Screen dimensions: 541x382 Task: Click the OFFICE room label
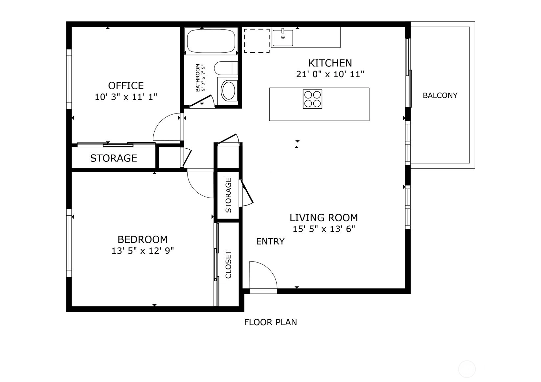click(126, 86)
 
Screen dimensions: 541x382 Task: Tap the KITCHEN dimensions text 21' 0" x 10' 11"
click(330, 74)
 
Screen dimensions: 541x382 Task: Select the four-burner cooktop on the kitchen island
click(312, 99)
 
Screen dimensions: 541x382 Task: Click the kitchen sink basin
click(283, 38)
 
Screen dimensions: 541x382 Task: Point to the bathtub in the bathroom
click(211, 41)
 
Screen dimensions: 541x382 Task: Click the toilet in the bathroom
click(226, 68)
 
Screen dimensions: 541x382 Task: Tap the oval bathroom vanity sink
click(228, 91)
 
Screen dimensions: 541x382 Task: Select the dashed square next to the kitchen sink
click(257, 41)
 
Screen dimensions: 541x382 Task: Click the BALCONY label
click(440, 95)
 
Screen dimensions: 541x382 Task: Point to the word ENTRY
click(270, 241)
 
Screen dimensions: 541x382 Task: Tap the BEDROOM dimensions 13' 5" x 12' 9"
click(143, 251)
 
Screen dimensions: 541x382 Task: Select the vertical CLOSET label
click(228, 264)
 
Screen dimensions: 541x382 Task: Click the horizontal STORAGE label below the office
click(114, 158)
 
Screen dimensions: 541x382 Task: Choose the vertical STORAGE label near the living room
click(228, 195)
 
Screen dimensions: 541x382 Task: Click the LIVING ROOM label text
click(324, 218)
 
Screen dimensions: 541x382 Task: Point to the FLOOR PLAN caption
click(271, 322)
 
